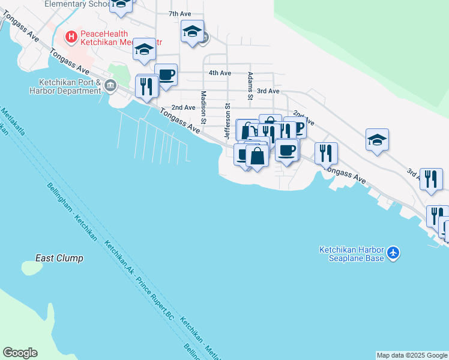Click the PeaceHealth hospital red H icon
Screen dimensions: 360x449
(x=71, y=37)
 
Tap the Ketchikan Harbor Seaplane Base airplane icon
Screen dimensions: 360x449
(x=393, y=253)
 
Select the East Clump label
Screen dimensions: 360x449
(x=59, y=258)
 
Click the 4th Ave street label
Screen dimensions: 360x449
(x=220, y=73)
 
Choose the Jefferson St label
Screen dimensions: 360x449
(x=228, y=121)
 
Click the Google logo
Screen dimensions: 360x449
(x=20, y=353)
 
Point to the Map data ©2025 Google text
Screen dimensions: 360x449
(x=412, y=355)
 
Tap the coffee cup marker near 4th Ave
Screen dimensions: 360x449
(x=166, y=75)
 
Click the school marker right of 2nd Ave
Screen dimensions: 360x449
(x=377, y=140)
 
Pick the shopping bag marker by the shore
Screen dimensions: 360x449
(x=257, y=156)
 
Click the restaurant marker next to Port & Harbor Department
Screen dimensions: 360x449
(x=147, y=87)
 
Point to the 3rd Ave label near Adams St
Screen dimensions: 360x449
(x=268, y=91)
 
